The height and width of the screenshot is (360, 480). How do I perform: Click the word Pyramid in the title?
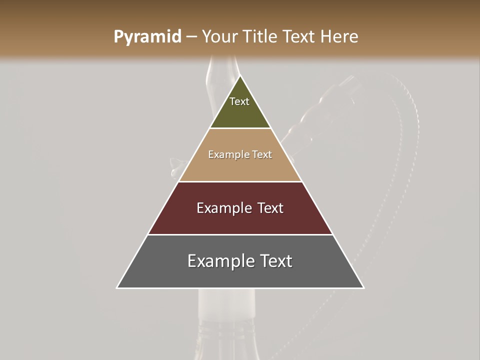tap(147, 37)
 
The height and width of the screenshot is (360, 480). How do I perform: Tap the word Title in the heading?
tap(261, 37)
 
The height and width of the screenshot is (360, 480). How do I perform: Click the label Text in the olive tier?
tap(239, 102)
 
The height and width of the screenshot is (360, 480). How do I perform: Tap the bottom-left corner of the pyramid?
tap(117, 287)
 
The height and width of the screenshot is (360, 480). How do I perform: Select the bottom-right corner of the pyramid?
tap(363, 287)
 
